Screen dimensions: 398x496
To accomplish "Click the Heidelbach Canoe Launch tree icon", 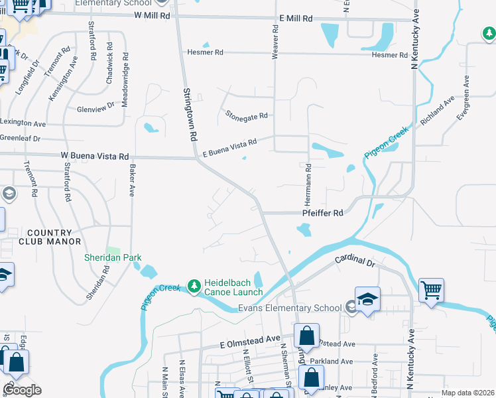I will [194, 286].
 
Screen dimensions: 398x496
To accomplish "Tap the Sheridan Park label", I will [113, 257].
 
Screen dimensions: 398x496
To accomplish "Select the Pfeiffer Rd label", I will [323, 214].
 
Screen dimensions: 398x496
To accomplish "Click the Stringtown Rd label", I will [191, 115].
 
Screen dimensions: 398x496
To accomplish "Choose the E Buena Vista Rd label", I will [229, 148].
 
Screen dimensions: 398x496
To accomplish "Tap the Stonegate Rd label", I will [246, 115].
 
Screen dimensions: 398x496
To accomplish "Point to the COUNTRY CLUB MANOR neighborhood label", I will [50, 237].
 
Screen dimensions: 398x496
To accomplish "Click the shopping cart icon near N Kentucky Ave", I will [431, 290].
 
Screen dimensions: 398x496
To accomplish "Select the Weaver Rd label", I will [275, 40].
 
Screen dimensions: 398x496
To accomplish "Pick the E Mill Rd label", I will [296, 19].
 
